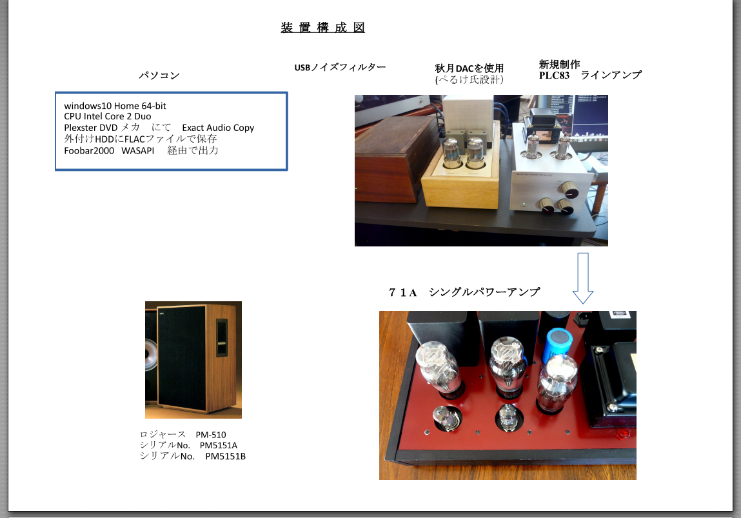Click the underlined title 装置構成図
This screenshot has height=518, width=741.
(x=322, y=28)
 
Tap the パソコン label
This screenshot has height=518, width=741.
(x=159, y=75)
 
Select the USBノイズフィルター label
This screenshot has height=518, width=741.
(x=340, y=68)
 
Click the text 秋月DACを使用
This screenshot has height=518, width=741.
(x=469, y=68)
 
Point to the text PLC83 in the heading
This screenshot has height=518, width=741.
(x=555, y=75)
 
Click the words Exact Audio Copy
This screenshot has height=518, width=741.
(x=218, y=128)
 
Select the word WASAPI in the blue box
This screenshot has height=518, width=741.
(x=138, y=151)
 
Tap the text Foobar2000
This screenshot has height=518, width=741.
(x=89, y=151)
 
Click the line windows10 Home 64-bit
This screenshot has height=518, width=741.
(x=115, y=106)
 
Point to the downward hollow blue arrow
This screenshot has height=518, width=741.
(x=583, y=278)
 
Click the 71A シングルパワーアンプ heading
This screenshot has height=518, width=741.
(x=464, y=293)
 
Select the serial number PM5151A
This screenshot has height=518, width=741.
(x=219, y=445)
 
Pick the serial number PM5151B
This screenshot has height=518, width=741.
(x=226, y=456)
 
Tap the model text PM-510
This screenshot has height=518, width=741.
(x=211, y=435)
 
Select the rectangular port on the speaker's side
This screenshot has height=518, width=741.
(x=222, y=338)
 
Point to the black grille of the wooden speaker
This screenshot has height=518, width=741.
(x=181, y=358)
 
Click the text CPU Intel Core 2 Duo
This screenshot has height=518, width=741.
(x=108, y=116)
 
